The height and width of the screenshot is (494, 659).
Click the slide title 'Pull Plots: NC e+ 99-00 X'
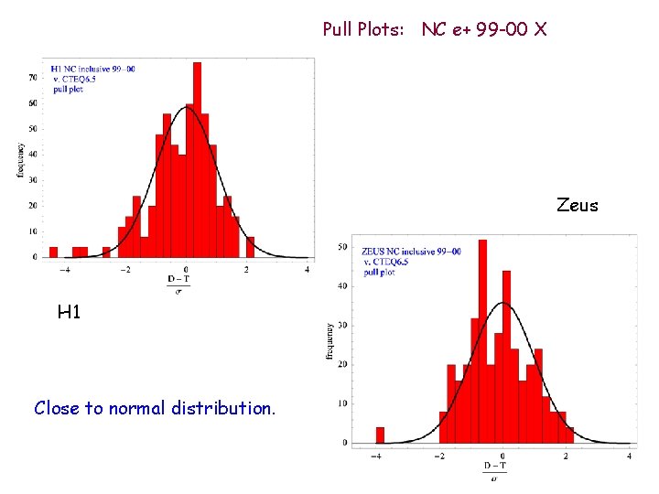[x=435, y=30]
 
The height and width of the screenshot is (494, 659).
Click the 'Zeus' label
[x=577, y=206]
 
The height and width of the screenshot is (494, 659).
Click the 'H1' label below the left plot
[x=70, y=313]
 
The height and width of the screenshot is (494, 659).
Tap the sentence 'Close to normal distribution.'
[x=154, y=408]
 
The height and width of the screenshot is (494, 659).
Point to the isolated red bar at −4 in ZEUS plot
[x=380, y=435]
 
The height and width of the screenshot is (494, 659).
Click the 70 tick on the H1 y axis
[x=32, y=78]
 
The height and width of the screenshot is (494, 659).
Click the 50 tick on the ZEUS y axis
[x=342, y=246]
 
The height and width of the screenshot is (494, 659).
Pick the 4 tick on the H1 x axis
[x=307, y=270]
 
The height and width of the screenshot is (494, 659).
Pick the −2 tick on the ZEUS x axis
[x=439, y=455]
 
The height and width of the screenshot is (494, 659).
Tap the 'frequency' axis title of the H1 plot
[x=20, y=159]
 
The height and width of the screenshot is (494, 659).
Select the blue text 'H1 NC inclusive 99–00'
[x=94, y=70]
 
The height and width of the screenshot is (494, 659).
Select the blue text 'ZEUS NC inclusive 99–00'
[x=411, y=252]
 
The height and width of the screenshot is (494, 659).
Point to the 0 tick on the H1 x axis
[x=186, y=270]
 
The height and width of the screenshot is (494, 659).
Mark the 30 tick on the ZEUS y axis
[x=342, y=325]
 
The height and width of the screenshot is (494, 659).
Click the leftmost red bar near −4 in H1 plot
[x=53, y=252]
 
